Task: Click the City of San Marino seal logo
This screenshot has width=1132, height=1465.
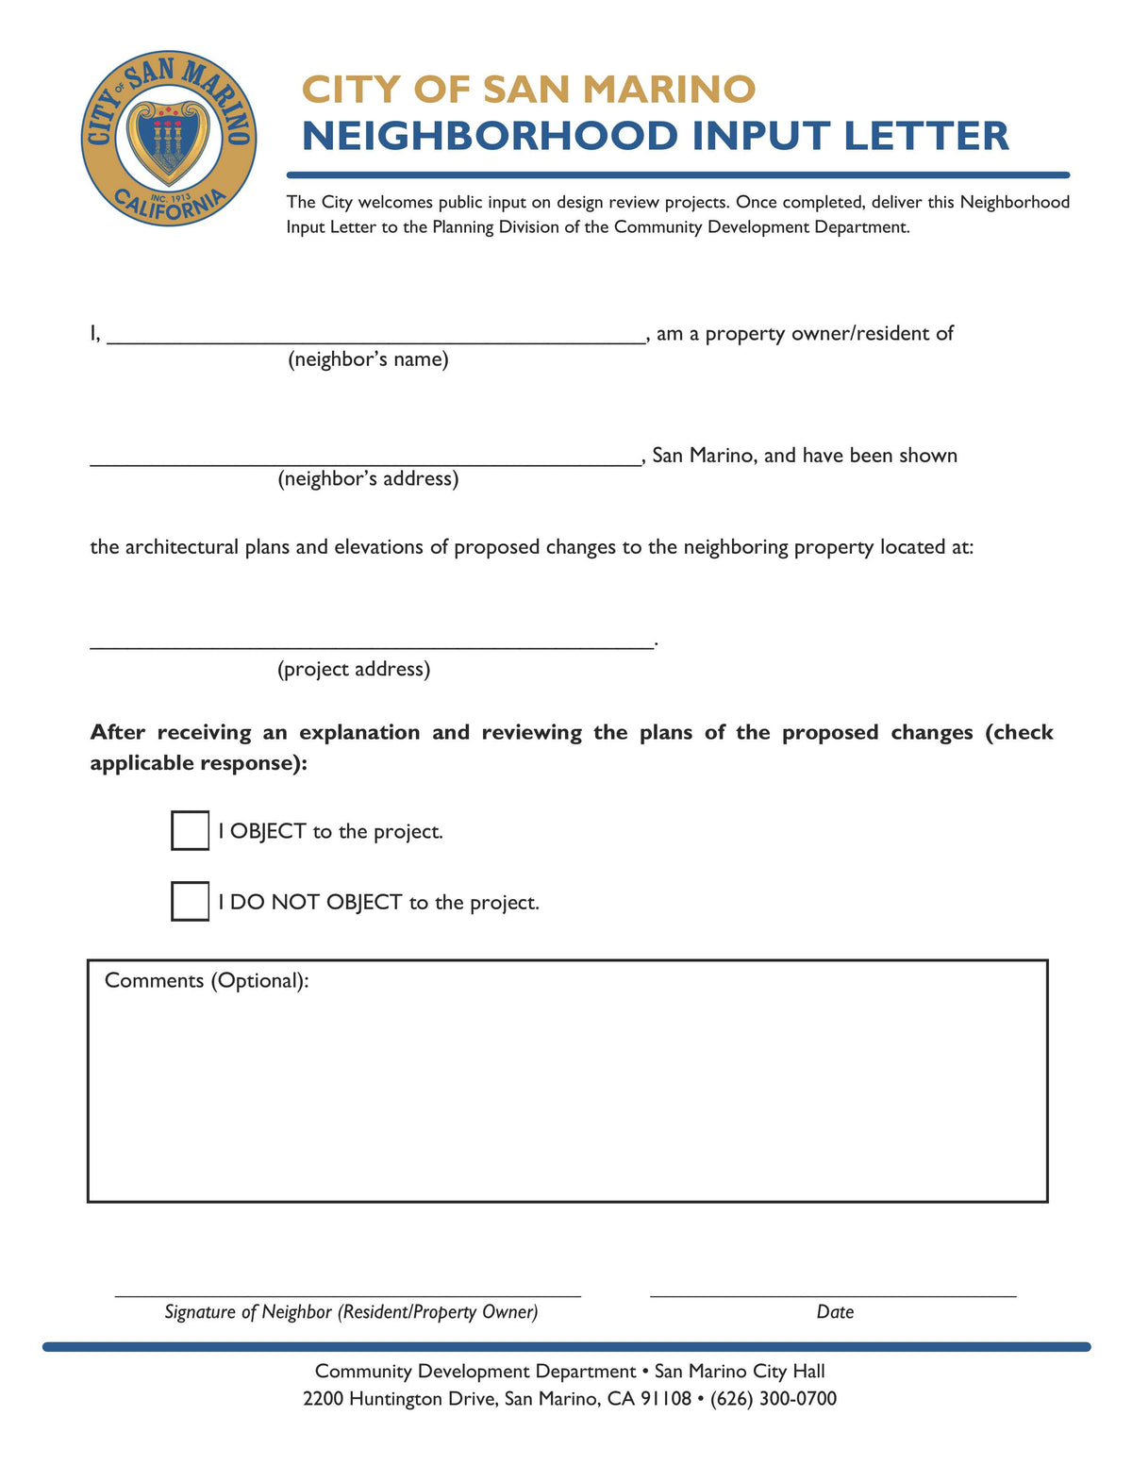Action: click(169, 138)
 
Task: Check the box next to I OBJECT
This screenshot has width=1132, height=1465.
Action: click(190, 830)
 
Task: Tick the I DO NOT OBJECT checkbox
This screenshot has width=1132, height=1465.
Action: click(190, 901)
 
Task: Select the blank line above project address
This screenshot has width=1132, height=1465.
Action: click(372, 646)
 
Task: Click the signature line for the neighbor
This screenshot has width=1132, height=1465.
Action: click(347, 1294)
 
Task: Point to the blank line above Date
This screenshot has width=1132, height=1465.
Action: click(833, 1294)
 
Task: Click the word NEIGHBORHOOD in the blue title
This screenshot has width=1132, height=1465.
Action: click(490, 136)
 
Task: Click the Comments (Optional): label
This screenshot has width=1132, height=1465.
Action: click(207, 981)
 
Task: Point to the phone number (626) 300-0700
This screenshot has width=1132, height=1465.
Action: click(773, 1398)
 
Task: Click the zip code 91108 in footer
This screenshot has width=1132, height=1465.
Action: click(666, 1398)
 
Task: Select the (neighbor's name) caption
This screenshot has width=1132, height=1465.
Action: click(368, 359)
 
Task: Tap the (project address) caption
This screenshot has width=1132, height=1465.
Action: click(354, 670)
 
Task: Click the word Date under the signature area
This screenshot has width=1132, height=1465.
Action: click(835, 1312)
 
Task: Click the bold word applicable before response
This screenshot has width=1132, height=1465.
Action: click(141, 763)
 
